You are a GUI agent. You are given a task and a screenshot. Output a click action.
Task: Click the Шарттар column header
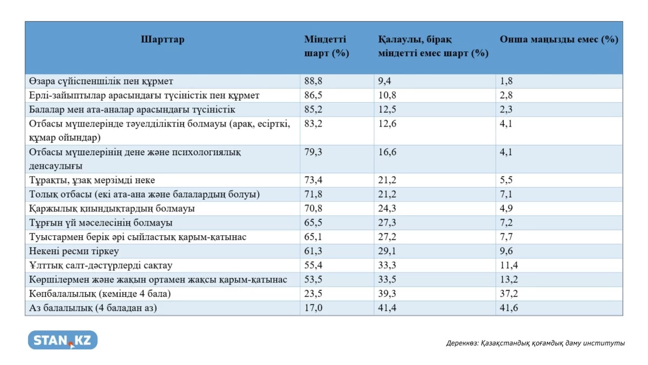click(x=163, y=39)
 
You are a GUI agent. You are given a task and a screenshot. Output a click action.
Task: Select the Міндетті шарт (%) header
click(x=327, y=46)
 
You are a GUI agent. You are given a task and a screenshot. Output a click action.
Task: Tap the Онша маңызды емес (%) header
click(x=559, y=39)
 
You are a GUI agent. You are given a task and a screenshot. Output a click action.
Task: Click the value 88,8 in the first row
click(x=313, y=81)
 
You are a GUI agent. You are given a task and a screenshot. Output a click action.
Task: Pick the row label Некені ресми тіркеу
click(x=74, y=251)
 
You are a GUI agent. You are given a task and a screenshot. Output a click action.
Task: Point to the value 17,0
click(x=313, y=308)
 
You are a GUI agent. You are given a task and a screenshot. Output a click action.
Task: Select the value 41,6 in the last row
click(x=509, y=308)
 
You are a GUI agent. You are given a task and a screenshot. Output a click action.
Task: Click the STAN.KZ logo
click(x=63, y=340)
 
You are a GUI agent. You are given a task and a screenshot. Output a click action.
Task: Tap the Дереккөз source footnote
click(x=535, y=343)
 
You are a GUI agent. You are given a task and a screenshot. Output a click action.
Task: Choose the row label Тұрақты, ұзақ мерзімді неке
click(x=92, y=180)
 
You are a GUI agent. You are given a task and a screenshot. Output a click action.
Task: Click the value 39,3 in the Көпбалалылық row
click(x=387, y=294)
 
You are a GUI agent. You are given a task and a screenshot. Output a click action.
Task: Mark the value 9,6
click(x=507, y=251)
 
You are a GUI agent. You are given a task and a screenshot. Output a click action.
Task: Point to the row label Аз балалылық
click(x=93, y=308)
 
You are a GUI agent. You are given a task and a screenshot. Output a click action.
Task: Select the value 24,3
click(x=387, y=208)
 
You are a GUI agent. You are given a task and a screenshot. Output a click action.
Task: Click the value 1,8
click(x=507, y=81)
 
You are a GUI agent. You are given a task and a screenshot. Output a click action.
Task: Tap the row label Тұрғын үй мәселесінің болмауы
click(x=100, y=223)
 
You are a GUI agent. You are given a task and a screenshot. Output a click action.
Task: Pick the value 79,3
click(x=313, y=152)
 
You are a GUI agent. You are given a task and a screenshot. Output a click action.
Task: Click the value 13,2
click(x=509, y=279)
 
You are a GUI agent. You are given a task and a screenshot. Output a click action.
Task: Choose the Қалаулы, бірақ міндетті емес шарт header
click(x=433, y=46)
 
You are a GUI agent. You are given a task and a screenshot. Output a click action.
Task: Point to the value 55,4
click(x=313, y=265)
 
